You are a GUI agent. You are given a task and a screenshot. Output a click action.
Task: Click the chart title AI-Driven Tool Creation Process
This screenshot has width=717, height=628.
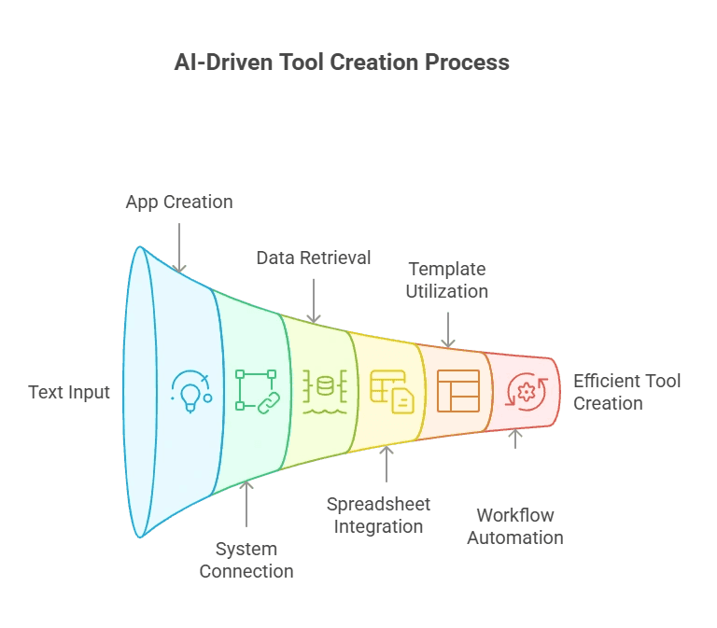click(x=342, y=63)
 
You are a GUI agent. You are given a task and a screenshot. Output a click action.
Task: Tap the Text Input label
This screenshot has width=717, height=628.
click(x=69, y=392)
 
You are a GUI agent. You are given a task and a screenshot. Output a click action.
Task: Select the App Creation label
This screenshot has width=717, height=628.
click(x=179, y=202)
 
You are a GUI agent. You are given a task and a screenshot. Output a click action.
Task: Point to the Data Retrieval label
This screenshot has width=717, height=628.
click(x=314, y=258)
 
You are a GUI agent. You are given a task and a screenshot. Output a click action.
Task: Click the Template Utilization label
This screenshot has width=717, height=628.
click(x=446, y=280)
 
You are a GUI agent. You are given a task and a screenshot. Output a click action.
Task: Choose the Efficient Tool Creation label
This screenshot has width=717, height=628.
click(x=626, y=392)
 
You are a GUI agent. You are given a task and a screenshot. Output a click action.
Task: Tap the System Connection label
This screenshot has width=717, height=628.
click(x=246, y=560)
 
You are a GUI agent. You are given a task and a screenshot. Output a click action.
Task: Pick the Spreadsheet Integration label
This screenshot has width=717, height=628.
click(x=378, y=515)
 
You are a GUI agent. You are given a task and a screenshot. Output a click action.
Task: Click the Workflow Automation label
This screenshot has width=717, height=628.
click(x=515, y=526)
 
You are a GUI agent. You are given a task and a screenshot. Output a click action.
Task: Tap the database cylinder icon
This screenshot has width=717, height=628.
click(x=324, y=392)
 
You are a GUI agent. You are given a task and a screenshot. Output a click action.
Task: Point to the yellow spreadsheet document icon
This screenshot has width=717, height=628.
click(x=391, y=392)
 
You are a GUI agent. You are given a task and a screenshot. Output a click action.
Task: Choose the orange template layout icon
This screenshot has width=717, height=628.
click(x=457, y=391)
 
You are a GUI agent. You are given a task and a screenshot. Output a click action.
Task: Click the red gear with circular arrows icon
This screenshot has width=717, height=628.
click(x=525, y=392)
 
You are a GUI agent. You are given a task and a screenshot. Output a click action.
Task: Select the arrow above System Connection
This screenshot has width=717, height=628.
click(x=246, y=505)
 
